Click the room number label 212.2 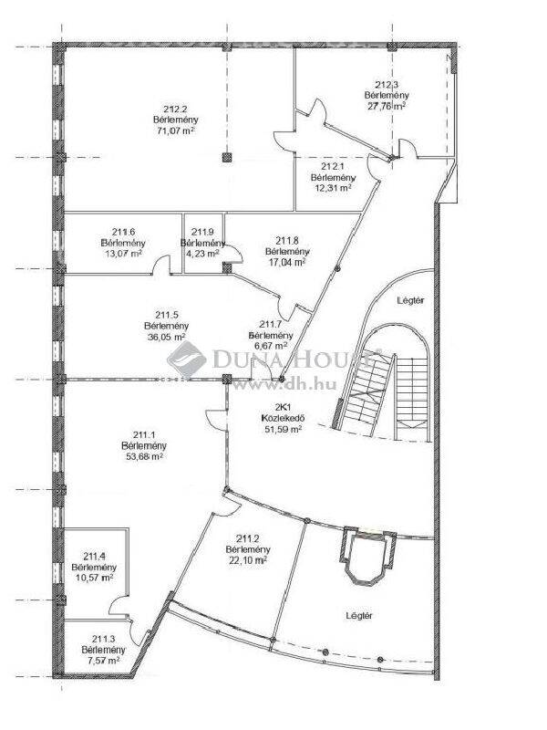[175, 109]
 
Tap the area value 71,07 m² [176, 130]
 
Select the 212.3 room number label [387, 85]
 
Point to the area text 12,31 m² [333, 188]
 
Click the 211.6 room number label [123, 232]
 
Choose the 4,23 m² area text [202, 254]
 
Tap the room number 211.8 [287, 241]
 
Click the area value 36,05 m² [167, 337]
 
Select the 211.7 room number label [271, 325]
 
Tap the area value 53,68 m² [144, 456]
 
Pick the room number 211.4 [94, 556]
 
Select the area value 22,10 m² [248, 560]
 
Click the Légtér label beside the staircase [411, 300]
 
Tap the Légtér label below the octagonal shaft [359, 615]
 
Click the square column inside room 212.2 [226, 158]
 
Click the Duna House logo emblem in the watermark [187, 360]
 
